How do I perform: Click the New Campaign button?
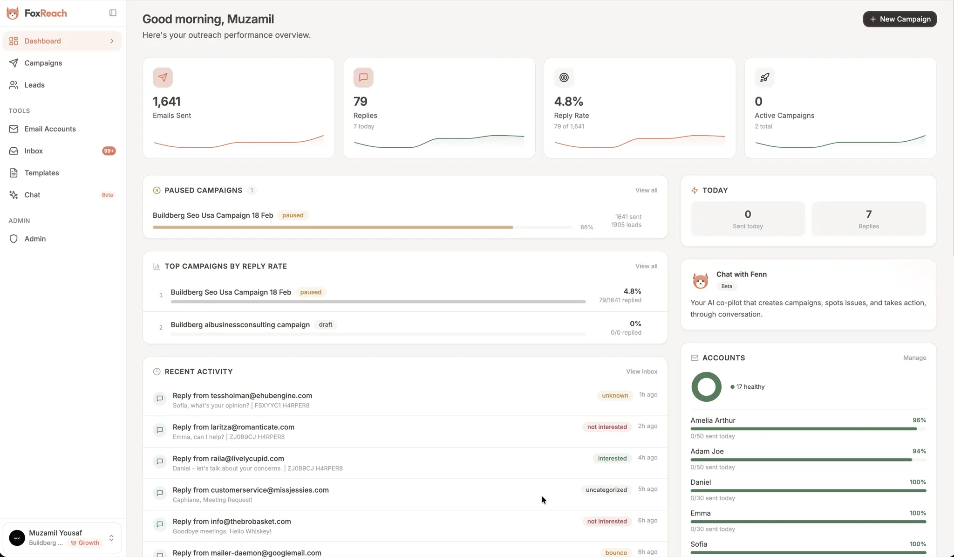(x=899, y=19)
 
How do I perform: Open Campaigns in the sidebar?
(x=43, y=63)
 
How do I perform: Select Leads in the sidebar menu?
(x=34, y=85)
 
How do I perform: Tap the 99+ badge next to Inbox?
(x=109, y=151)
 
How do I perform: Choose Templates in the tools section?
(x=41, y=173)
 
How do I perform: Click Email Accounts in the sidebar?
(x=50, y=129)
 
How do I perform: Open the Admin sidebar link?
(x=35, y=239)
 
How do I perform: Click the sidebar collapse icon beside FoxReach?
(x=113, y=13)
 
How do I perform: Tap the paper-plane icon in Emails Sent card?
(x=163, y=77)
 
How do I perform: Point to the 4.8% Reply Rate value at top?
(x=568, y=101)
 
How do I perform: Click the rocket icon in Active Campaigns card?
(x=764, y=77)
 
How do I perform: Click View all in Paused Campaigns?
(x=646, y=190)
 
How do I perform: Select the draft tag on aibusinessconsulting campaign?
(x=326, y=325)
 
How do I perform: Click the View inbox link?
(x=641, y=371)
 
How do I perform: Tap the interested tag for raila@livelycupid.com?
(x=612, y=459)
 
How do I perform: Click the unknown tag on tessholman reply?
(x=615, y=396)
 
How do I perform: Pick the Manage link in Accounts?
(x=914, y=358)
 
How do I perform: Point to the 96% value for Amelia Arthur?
(x=919, y=420)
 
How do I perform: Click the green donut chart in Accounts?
(x=706, y=387)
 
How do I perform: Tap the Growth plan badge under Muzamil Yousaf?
(x=85, y=543)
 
